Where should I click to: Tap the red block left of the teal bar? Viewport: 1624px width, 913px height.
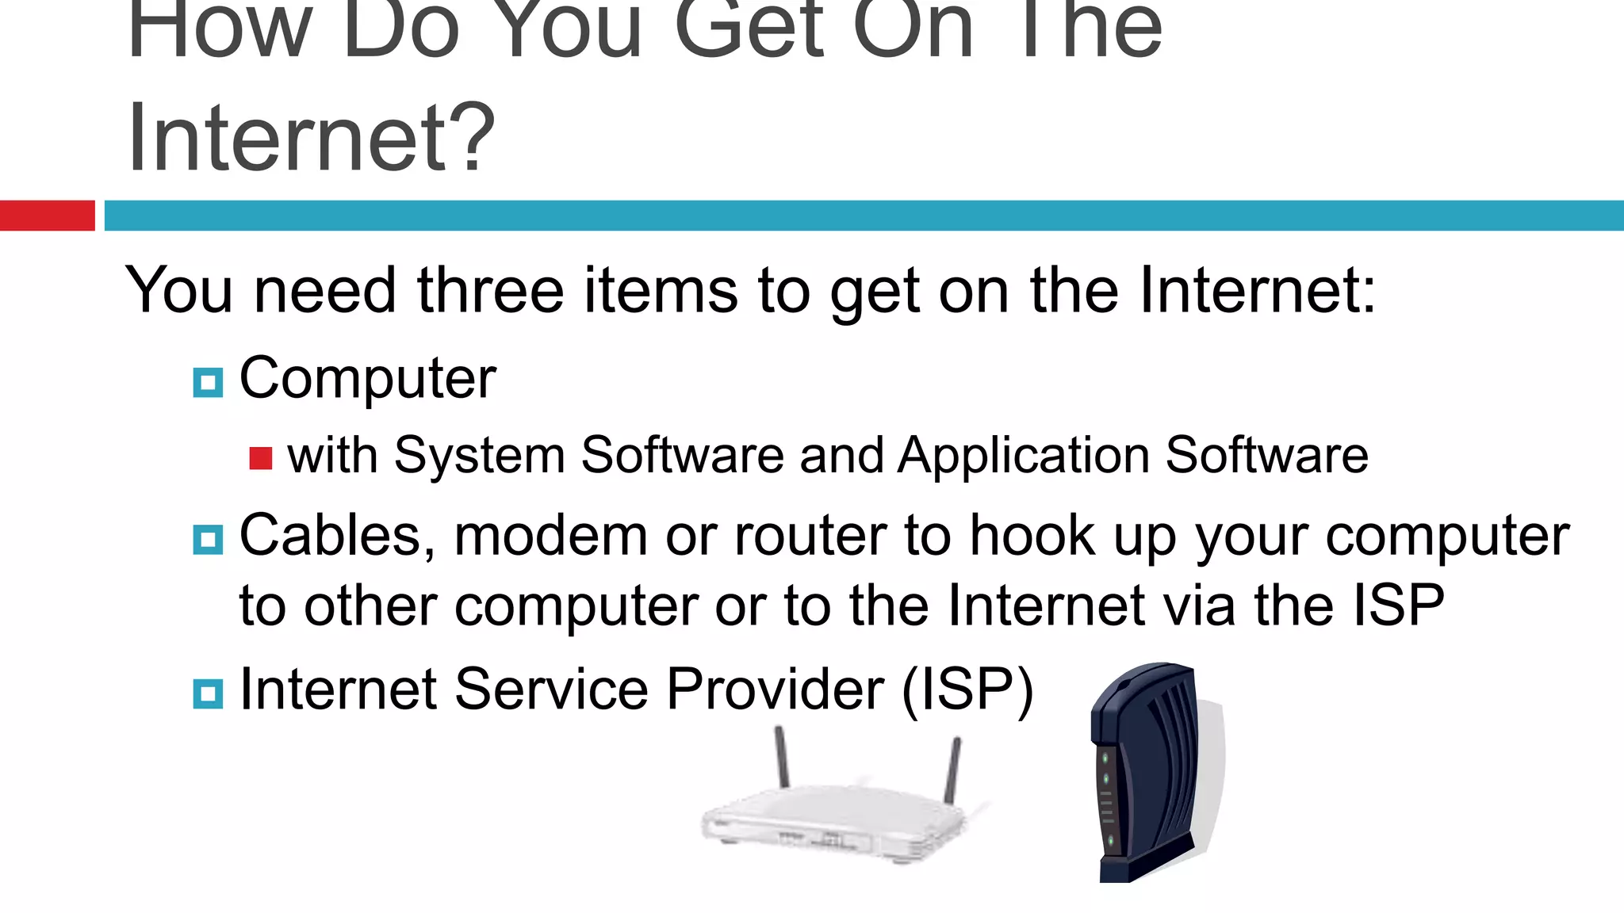point(47,216)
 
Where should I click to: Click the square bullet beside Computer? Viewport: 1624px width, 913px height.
point(208,383)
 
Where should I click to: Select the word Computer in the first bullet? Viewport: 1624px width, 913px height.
point(367,379)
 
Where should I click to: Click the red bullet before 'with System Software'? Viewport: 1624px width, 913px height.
point(260,458)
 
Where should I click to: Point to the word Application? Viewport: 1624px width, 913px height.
point(1024,456)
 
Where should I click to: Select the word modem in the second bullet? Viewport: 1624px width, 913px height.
point(551,537)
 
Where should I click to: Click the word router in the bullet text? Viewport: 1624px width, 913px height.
point(810,537)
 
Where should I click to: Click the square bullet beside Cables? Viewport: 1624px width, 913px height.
point(208,540)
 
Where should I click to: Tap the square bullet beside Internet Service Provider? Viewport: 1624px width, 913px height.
point(208,693)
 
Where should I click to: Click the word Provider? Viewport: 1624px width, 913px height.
point(775,690)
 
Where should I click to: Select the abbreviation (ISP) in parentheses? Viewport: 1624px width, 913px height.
point(967,690)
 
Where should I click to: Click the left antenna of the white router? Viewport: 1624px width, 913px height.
point(782,756)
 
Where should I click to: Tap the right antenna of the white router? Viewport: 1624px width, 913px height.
point(952,769)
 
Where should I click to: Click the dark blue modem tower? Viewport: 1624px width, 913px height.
point(1146,773)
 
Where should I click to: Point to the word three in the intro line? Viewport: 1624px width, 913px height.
point(490,291)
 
